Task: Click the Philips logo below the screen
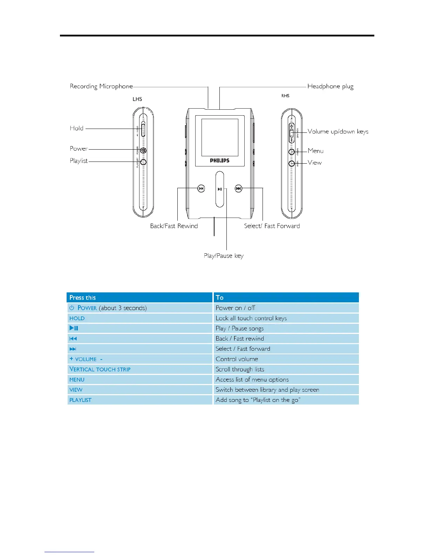[219, 160]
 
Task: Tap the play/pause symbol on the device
[220, 189]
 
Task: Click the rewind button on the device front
[201, 189]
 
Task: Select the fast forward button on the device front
[238, 189]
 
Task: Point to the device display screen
[219, 137]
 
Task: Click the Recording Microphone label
[101, 86]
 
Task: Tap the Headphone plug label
[330, 86]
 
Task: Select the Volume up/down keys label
[338, 131]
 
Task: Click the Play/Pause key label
[224, 256]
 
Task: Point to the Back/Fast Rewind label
[174, 226]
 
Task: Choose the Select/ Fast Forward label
[272, 226]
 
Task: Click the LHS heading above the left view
[137, 99]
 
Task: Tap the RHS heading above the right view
[285, 96]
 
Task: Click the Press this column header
[83, 297]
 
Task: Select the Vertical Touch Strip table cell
[100, 369]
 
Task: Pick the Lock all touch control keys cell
[251, 318]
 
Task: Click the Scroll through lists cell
[240, 369]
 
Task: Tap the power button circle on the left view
[143, 151]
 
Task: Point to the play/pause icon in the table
[74, 328]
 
